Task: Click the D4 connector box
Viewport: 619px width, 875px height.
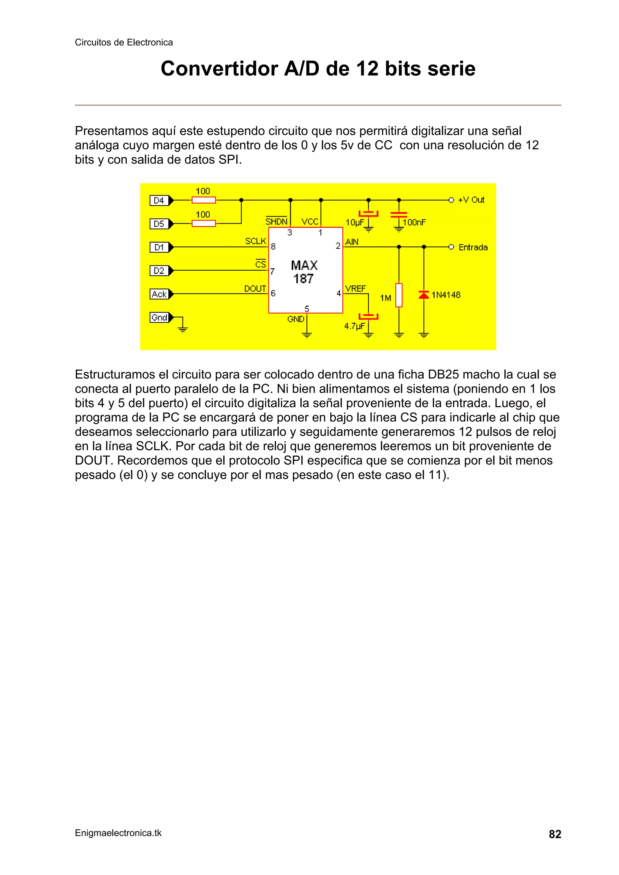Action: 159,201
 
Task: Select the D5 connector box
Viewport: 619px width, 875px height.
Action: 159,224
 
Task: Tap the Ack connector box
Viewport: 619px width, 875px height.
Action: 159,294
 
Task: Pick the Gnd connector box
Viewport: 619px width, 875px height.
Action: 159,317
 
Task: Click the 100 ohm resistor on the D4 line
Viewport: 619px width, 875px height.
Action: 204,200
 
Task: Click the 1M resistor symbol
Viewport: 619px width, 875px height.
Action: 399,295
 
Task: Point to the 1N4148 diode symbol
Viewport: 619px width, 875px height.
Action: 424,294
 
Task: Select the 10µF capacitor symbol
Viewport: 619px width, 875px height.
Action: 368,214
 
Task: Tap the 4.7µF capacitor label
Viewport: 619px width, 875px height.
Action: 354,326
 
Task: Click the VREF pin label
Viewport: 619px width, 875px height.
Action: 355,289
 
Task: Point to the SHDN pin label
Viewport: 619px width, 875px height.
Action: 276,222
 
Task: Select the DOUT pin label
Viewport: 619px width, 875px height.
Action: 255,289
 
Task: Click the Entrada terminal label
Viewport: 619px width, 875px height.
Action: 473,247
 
